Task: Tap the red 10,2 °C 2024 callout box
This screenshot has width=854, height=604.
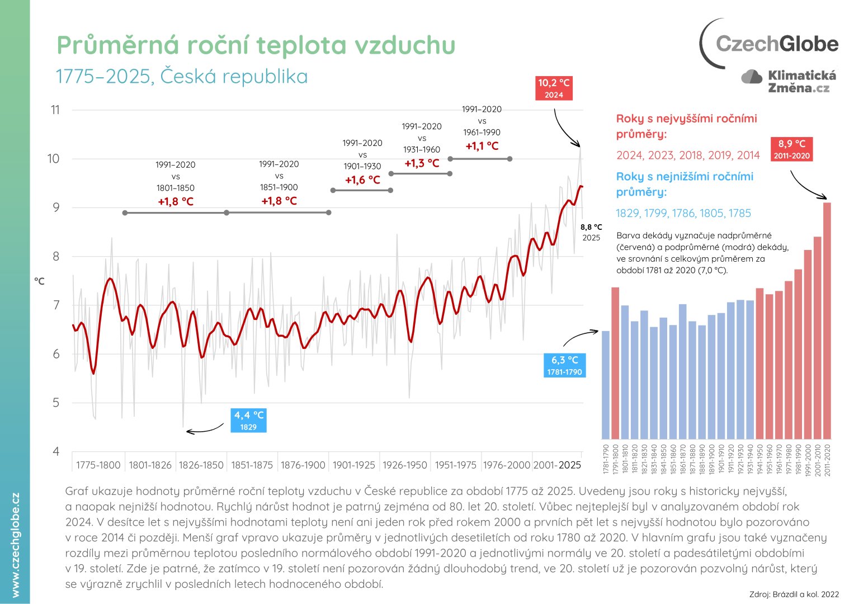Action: pyautogui.click(x=554, y=88)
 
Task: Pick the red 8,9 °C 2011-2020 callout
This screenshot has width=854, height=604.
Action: pyautogui.click(x=791, y=149)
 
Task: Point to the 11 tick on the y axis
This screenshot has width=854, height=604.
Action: pyautogui.click(x=55, y=110)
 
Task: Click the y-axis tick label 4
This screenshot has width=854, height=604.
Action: pyautogui.click(x=55, y=451)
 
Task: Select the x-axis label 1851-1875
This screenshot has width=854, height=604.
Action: pyautogui.click(x=252, y=465)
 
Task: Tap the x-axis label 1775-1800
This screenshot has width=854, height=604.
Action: pyautogui.click(x=98, y=465)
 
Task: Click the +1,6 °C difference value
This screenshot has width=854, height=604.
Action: pyautogui.click(x=362, y=180)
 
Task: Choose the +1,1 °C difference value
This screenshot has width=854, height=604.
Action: pyautogui.click(x=482, y=146)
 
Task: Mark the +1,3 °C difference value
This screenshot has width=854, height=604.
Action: pyautogui.click(x=422, y=163)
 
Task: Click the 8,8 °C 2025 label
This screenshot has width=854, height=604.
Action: pyautogui.click(x=591, y=232)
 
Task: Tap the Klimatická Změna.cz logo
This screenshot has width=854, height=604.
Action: pyautogui.click(x=789, y=82)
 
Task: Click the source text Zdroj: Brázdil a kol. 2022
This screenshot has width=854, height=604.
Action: pyautogui.click(x=794, y=594)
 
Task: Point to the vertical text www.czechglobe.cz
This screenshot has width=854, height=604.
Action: pyautogui.click(x=15, y=545)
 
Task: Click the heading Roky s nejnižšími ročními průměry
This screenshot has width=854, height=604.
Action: pyautogui.click(x=685, y=184)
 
